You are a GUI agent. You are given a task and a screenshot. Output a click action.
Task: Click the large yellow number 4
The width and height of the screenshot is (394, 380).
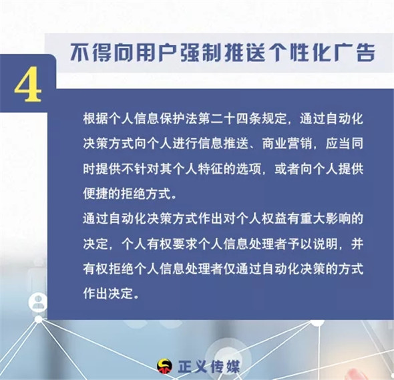[x=27, y=85]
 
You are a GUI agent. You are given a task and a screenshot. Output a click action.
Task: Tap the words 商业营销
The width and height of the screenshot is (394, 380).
[x=287, y=144]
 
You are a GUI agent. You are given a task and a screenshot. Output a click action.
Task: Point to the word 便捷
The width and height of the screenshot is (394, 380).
[x=95, y=194]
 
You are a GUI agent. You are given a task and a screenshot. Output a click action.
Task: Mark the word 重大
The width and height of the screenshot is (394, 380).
[x=313, y=218]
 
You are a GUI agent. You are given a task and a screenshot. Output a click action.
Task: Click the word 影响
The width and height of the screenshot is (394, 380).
[x=338, y=218]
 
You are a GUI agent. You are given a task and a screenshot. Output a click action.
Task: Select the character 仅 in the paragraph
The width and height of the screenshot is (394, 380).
[x=230, y=269]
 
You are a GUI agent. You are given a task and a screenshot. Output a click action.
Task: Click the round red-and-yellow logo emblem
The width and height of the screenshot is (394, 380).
[x=164, y=366]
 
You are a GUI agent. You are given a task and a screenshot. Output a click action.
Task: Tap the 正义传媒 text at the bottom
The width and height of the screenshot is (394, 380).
[x=208, y=366]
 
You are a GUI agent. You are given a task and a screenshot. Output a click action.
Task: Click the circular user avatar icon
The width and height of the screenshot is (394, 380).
[x=38, y=303]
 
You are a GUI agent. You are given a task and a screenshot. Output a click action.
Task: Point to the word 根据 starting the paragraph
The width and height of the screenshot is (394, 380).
[x=95, y=119]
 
